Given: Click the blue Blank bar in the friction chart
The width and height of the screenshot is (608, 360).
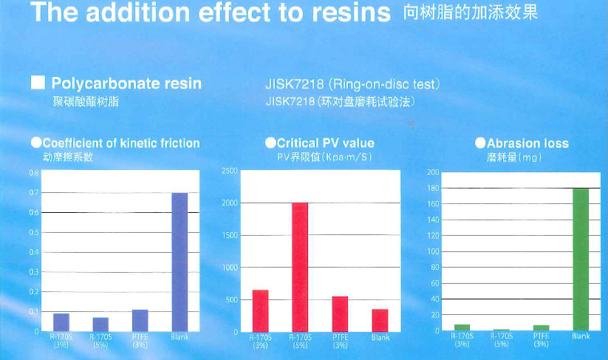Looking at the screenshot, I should pos(180,262).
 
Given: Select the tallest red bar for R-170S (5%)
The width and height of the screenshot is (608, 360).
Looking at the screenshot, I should pos(300,267).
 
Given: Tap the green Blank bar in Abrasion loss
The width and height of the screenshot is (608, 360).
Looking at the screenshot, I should pos(581,259).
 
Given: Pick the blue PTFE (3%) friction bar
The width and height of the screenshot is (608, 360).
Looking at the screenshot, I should pos(140,320).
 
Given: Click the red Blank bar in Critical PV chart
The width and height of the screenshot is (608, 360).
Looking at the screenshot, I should pos(380,320).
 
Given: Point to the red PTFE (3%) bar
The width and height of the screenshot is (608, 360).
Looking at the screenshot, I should pos(340,313).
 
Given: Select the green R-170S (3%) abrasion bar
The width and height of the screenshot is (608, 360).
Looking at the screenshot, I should pos(462,327).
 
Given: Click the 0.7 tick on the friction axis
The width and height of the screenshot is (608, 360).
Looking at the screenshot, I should pos(33,193).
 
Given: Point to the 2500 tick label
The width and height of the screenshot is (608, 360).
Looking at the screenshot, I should pos(229,171).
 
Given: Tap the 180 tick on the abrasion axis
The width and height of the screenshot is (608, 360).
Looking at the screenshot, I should pos(434,189).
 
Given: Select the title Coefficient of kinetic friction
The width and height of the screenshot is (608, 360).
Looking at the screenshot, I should pos(121,143).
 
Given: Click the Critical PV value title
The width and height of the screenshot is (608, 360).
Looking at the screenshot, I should pos(325,143).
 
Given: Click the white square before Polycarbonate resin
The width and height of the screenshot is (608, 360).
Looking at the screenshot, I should pos(37,83).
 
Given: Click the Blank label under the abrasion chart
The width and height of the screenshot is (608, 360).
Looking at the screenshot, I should pos(581,337).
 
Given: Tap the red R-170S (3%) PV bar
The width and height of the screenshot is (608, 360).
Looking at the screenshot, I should pos(260,310).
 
